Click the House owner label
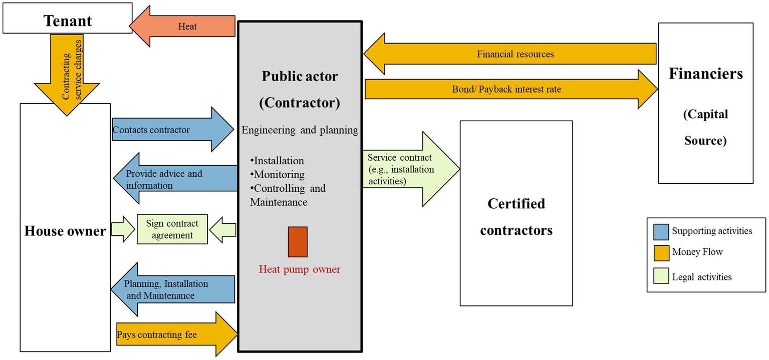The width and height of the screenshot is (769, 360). click(65, 231)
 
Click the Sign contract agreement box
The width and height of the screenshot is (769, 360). click(172, 229)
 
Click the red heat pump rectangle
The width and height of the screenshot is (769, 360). click(298, 242)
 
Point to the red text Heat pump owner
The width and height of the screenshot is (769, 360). click(299, 269)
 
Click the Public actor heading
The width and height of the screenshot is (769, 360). click(300, 77)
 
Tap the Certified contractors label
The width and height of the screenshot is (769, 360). click(516, 217)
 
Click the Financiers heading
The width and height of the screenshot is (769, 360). click(705, 74)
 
